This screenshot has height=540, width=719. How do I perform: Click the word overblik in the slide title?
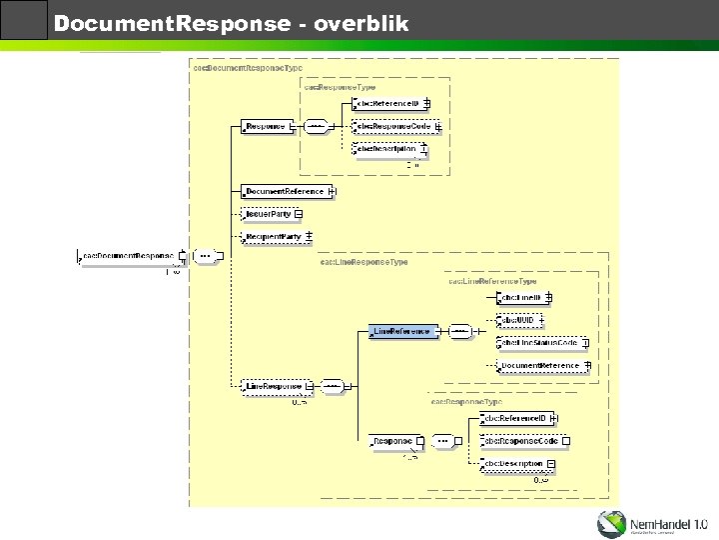(360, 22)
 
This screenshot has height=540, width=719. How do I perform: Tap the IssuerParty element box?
(269, 213)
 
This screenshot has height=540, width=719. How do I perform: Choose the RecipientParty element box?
(274, 236)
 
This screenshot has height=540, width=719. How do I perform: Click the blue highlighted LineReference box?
(402, 331)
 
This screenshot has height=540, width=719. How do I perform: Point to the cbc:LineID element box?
(521, 297)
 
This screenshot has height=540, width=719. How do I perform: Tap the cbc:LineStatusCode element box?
(539, 343)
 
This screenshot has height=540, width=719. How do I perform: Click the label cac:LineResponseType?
(363, 262)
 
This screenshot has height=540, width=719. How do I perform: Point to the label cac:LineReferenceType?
(492, 281)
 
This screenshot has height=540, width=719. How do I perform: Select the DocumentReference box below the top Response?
(285, 191)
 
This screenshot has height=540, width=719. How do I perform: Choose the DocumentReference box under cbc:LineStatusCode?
(540, 366)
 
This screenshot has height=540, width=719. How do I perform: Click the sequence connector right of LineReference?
(459, 331)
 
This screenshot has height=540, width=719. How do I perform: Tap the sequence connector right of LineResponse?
(334, 386)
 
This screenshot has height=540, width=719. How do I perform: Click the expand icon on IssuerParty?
(299, 213)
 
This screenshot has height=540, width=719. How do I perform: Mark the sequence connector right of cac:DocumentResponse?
(206, 256)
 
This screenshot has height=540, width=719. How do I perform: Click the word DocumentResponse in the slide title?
(171, 22)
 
